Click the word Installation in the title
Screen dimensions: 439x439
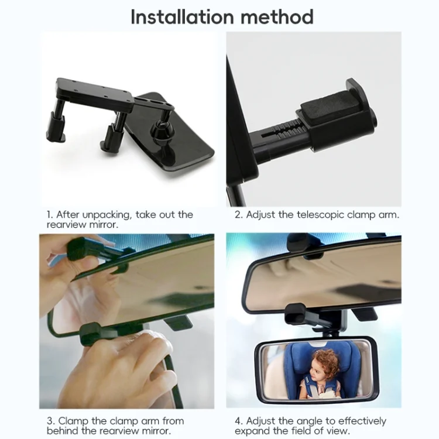182,17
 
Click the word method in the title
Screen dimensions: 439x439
277,17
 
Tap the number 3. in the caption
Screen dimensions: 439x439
51,421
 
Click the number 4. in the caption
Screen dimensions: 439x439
239,421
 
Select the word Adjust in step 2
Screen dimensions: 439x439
260,215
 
